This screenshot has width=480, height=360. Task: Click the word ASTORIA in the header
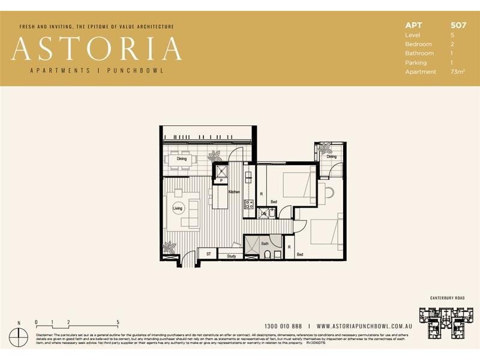pyautogui.click(x=97, y=49)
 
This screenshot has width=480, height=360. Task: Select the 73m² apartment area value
pyautogui.click(x=457, y=71)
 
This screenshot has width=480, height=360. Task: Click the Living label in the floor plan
pyautogui.click(x=178, y=208)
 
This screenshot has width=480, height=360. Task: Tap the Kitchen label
pyautogui.click(x=234, y=191)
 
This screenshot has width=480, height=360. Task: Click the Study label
pyautogui.click(x=231, y=257)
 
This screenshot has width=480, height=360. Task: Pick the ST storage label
pyautogui.click(x=208, y=254)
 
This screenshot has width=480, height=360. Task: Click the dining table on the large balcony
pyautogui.click(x=181, y=160)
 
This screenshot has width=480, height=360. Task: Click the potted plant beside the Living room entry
pyautogui.click(x=170, y=247)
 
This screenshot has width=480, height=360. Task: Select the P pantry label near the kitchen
pyautogui.click(x=221, y=180)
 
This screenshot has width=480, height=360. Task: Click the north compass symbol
pyautogui.click(x=19, y=337)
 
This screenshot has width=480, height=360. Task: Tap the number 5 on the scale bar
pyautogui.click(x=118, y=322)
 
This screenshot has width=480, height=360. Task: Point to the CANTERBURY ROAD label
pyautogui.click(x=448, y=298)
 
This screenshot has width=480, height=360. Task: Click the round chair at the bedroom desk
pyautogui.click(x=330, y=192)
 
